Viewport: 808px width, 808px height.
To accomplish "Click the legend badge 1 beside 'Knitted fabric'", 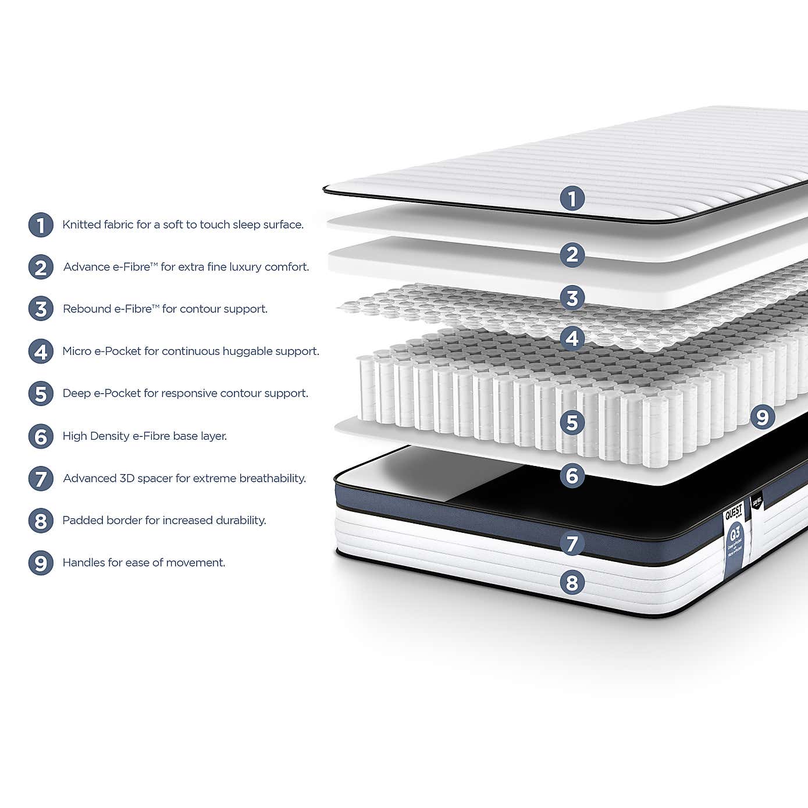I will [41, 225].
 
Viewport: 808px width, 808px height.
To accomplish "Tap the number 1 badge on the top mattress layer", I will [572, 198].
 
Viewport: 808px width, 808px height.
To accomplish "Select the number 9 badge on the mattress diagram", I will [762, 417].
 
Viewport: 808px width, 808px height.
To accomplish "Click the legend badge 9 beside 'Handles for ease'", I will [41, 563].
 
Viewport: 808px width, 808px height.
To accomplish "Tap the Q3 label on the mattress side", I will [735, 532].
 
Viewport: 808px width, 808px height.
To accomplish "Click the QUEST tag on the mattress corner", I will [734, 512].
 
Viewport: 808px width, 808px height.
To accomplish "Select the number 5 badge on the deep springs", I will [572, 422].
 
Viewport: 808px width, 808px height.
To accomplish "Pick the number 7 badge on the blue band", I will [572, 544].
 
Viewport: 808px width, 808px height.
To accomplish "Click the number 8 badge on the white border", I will [572, 582].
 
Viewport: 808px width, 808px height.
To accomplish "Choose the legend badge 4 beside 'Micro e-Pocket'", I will [41, 351].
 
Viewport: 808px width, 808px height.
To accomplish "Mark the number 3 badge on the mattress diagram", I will [572, 298].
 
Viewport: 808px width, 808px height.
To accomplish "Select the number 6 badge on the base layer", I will [572, 476].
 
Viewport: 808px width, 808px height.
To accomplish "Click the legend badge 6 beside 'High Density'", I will [41, 436].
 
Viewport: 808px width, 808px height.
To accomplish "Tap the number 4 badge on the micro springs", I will [572, 338].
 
